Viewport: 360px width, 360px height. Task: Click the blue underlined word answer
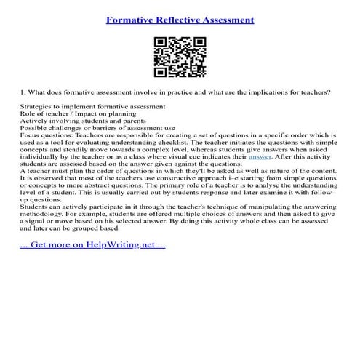(x=260, y=156)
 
